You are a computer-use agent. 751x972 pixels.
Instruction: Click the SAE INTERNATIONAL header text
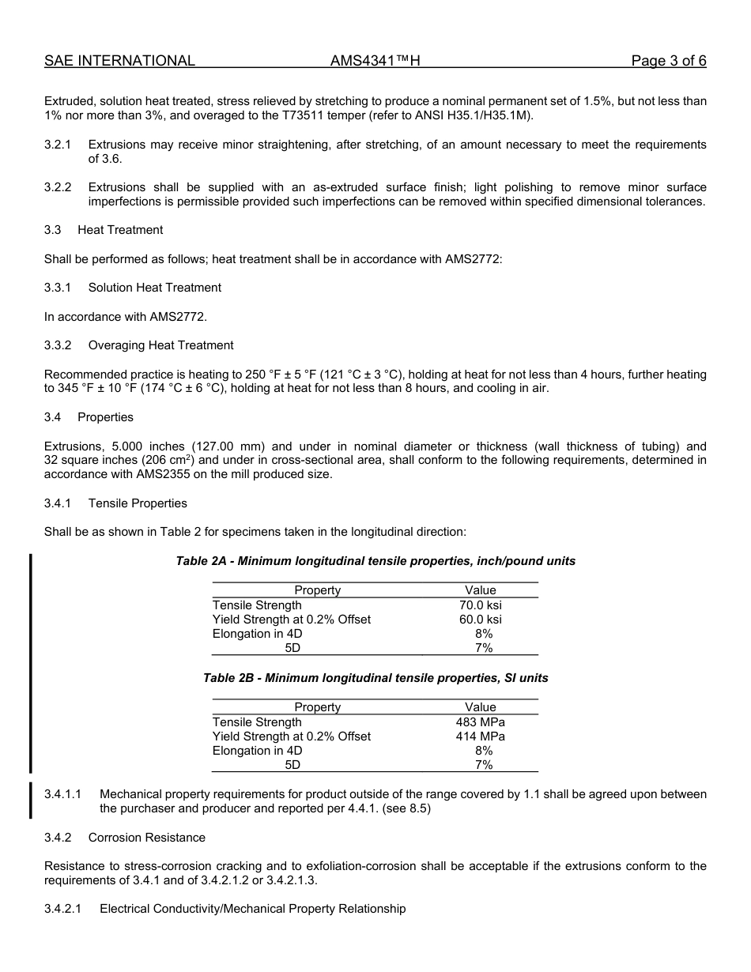click(119, 61)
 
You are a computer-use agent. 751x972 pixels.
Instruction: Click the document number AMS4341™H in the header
click(375, 61)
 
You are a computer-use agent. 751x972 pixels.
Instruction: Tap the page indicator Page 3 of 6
click(668, 61)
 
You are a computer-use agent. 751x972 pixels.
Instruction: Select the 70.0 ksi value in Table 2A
click(480, 605)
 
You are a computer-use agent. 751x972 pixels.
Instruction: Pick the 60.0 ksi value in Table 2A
click(480, 620)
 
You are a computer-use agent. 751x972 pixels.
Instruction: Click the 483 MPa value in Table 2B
click(480, 722)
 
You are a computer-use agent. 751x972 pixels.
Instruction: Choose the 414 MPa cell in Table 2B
click(480, 737)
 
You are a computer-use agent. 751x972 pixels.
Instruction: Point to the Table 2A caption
click(375, 561)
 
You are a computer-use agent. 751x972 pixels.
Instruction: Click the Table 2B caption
click(375, 678)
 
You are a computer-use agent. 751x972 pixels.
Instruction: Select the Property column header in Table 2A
click(317, 590)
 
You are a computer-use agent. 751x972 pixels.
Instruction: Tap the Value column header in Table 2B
click(480, 707)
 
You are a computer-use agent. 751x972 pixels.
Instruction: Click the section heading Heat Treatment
click(120, 230)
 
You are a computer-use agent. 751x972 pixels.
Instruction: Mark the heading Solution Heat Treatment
click(154, 288)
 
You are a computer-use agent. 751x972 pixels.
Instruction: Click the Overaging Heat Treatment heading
click(160, 345)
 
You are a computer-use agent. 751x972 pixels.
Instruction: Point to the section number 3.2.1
click(58, 145)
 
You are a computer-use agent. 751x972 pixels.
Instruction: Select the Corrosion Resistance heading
click(146, 838)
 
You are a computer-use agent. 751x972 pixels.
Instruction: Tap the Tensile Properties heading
click(138, 503)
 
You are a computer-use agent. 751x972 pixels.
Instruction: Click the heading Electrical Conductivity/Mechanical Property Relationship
click(252, 910)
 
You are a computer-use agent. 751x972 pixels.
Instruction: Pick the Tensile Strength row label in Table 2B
click(257, 722)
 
